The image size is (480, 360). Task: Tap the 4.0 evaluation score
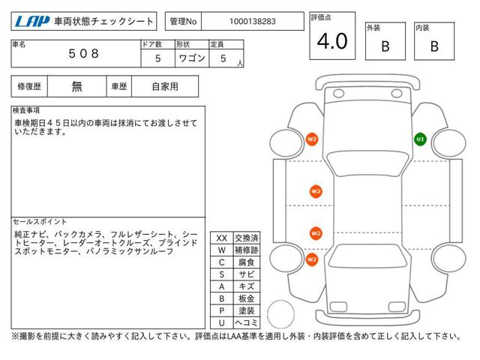(332, 42)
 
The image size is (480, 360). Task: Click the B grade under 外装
(385, 46)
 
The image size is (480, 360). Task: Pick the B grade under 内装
(434, 46)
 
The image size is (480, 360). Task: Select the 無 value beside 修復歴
(77, 86)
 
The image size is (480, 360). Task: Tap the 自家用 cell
(164, 86)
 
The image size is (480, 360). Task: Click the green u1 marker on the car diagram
(420, 139)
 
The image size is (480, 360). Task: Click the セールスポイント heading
(40, 222)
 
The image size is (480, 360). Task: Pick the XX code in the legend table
(221, 238)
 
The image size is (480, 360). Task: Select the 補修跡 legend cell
(246, 250)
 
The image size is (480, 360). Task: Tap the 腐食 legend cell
(246, 262)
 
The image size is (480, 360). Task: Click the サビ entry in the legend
(246, 274)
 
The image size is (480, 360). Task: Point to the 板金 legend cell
(246, 298)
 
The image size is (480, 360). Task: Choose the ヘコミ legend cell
(246, 322)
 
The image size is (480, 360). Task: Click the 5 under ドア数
(157, 58)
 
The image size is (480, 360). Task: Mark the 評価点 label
(320, 16)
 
